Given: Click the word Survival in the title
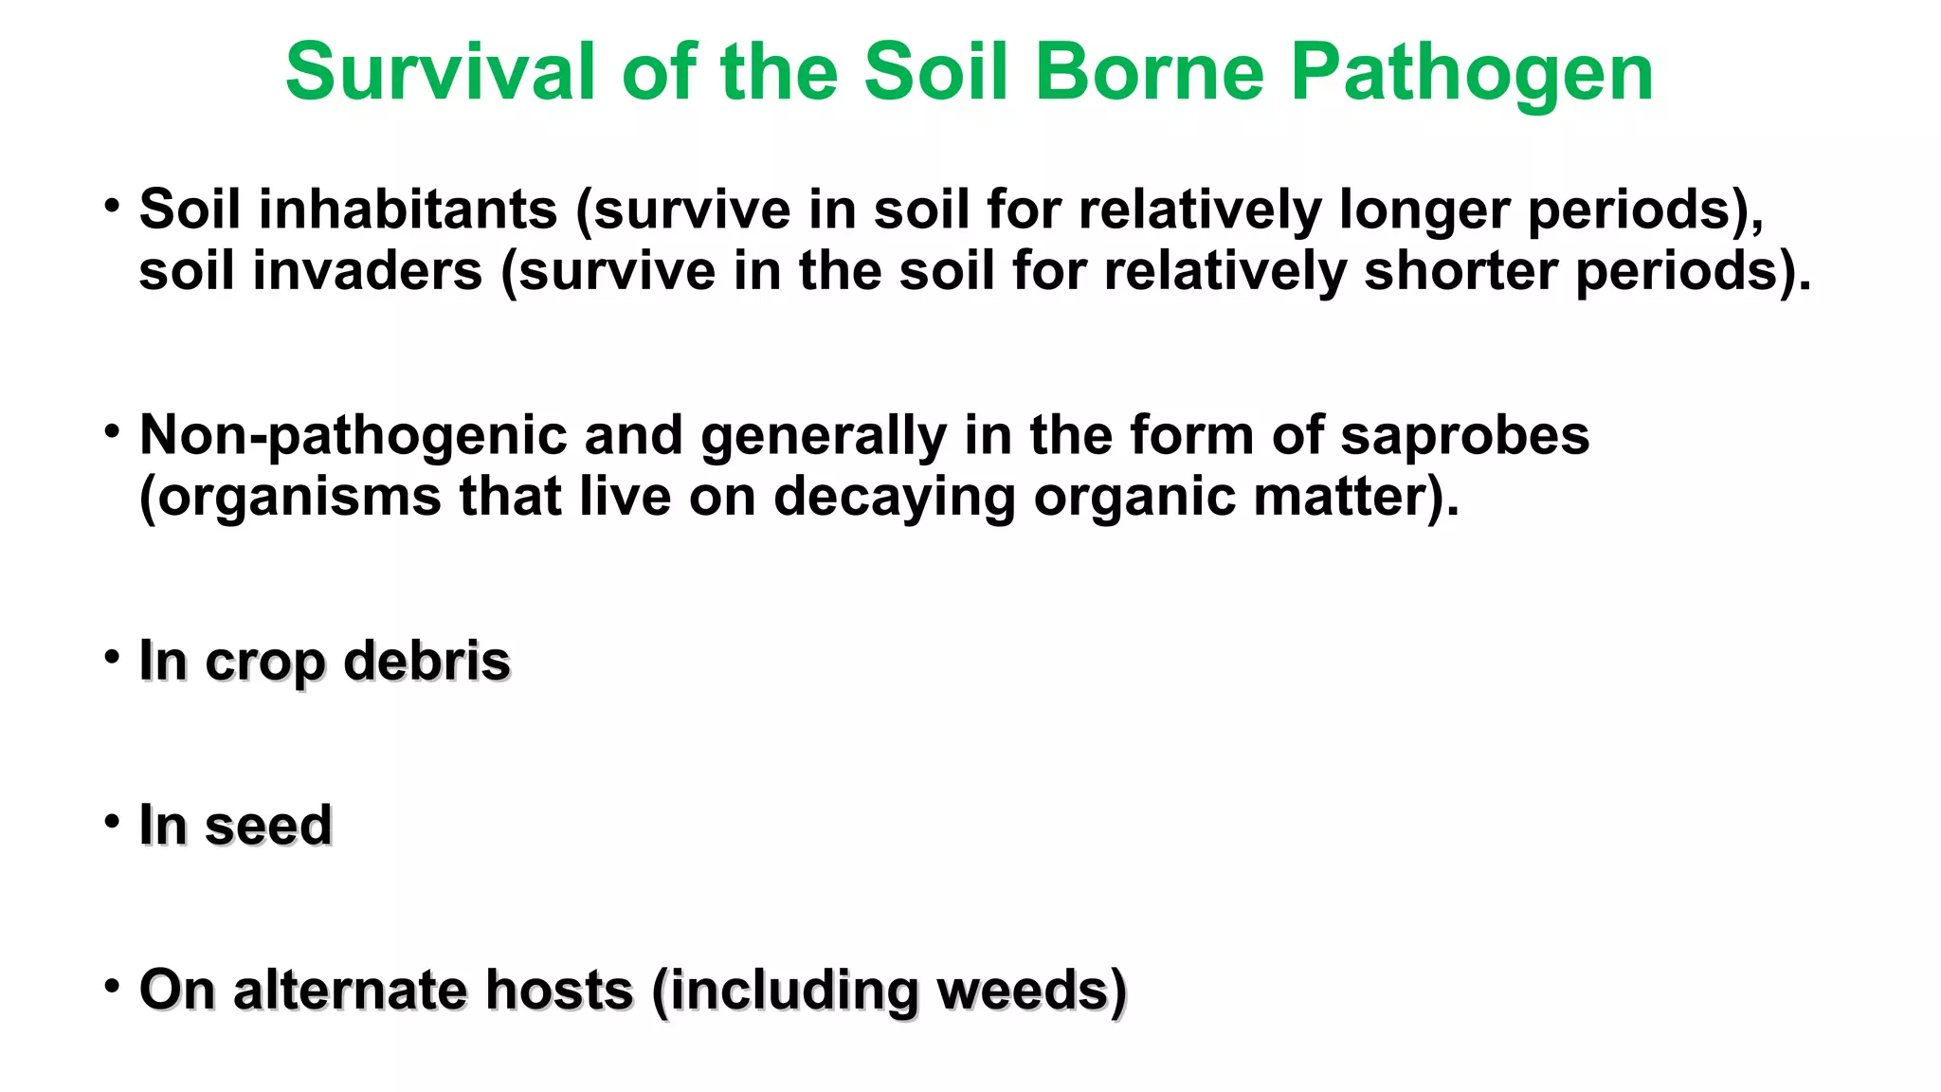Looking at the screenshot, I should tap(440, 72).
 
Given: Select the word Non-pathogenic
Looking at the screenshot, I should tap(353, 436).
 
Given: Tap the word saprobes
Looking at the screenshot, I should tap(1464, 436).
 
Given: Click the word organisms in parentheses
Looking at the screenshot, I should tap(299, 498).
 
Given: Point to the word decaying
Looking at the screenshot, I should tap(894, 498).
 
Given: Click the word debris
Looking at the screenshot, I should tap(426, 661).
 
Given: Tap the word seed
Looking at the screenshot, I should tap(268, 825).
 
